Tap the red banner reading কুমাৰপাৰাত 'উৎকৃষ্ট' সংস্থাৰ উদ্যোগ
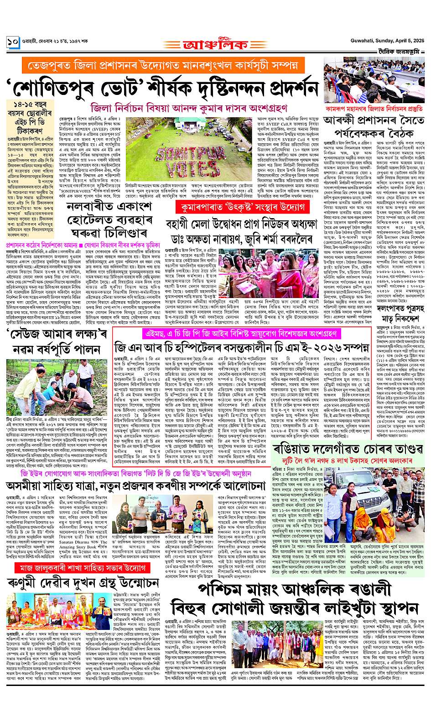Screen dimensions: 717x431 coord(240,207)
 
